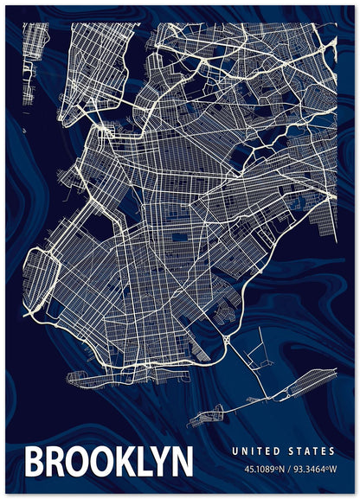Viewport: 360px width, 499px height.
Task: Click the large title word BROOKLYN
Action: pyautogui.click(x=107, y=462)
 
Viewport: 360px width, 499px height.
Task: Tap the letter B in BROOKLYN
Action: pyautogui.click(x=36, y=462)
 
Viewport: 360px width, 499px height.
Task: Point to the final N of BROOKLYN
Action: pyautogui.click(x=180, y=462)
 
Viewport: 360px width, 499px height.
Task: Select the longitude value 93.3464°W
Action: pyautogui.click(x=316, y=470)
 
